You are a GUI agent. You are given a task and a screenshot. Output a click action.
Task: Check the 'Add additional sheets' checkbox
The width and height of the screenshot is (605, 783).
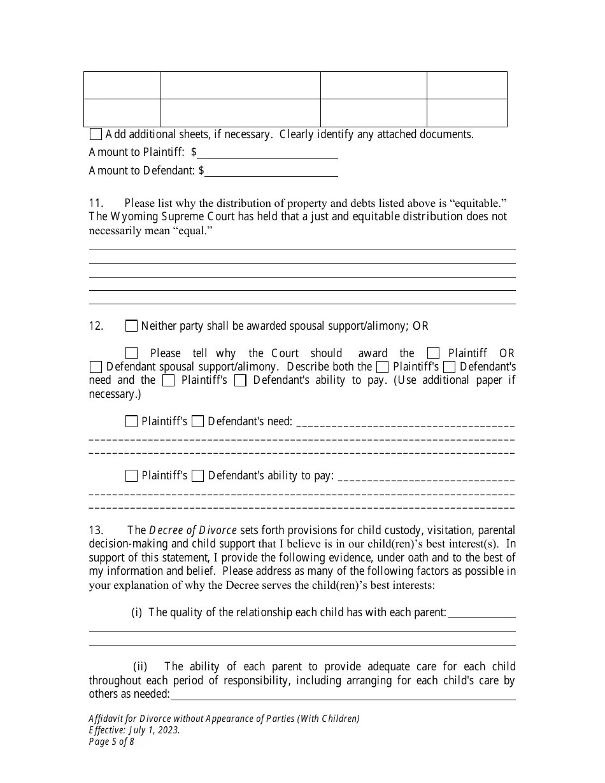click(96, 134)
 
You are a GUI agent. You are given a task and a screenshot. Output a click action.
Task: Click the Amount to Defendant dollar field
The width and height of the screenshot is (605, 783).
click(271, 171)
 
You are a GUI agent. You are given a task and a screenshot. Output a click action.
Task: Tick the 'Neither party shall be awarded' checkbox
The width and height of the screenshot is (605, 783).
click(131, 326)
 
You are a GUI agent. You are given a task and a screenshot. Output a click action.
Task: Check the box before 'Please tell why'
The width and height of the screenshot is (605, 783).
click(131, 353)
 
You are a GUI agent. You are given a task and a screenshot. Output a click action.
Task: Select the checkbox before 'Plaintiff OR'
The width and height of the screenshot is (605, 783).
click(433, 353)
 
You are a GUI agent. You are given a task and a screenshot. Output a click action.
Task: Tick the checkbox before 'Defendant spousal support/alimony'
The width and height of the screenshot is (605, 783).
click(96, 367)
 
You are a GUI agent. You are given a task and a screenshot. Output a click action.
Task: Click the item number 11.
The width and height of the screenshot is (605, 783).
click(96, 203)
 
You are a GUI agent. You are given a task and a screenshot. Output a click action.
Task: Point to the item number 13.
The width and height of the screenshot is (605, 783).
click(96, 530)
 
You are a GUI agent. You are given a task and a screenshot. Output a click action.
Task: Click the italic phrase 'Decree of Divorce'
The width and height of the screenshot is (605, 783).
click(193, 530)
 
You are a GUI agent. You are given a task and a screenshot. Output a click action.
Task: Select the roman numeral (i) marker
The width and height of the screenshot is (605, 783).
click(136, 612)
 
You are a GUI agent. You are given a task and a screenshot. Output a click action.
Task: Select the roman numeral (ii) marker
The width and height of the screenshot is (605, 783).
click(140, 667)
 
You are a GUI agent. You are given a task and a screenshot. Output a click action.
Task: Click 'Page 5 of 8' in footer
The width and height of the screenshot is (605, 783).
click(111, 742)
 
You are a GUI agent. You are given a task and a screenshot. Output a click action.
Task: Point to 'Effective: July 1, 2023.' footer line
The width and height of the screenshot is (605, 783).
click(134, 730)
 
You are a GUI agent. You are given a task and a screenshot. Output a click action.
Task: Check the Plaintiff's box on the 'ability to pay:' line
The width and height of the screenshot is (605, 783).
click(131, 476)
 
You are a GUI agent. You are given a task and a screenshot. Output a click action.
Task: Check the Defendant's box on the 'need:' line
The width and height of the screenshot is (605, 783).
click(197, 421)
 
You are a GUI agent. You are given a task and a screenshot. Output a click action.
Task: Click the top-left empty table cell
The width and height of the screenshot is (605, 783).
click(122, 85)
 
